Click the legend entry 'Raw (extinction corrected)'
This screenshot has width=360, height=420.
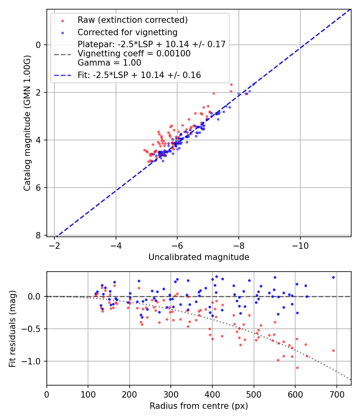(x=132, y=20)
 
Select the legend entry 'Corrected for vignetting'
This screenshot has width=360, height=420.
(x=127, y=32)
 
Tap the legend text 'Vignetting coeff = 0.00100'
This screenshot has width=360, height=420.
(x=134, y=54)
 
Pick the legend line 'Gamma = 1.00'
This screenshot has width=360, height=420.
(x=109, y=63)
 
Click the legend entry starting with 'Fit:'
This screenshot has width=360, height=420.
(x=139, y=75)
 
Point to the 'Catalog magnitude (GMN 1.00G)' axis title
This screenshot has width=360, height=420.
(x=27, y=123)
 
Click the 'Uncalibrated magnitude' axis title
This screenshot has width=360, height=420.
(x=199, y=257)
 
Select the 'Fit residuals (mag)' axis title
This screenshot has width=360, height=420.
(x=12, y=328)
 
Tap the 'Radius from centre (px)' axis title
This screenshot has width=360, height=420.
(x=199, y=406)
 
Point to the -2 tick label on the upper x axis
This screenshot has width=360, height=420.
(x=55, y=245)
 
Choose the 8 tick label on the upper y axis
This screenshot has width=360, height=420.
(x=38, y=235)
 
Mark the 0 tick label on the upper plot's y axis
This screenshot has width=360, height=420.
(x=38, y=45)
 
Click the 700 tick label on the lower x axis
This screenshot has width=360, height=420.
(x=336, y=394)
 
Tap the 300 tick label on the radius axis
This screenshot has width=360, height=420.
(x=171, y=394)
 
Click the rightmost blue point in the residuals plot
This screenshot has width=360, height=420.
(x=333, y=277)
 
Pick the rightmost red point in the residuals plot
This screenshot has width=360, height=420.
(x=333, y=350)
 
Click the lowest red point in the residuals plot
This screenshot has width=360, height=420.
(x=297, y=368)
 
